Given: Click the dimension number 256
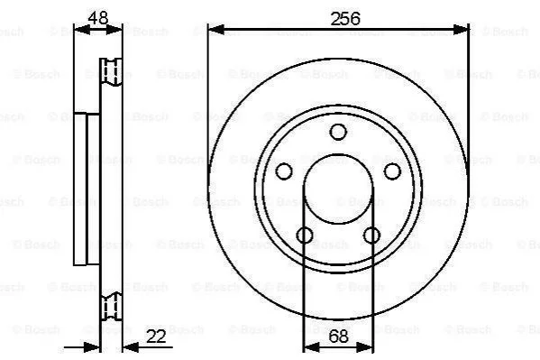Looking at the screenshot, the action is click(x=345, y=19).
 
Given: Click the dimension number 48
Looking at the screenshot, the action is click(x=97, y=17).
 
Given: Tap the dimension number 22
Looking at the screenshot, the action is click(x=156, y=337).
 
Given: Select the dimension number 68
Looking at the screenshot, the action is click(x=338, y=337).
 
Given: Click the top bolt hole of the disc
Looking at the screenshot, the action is click(x=338, y=132).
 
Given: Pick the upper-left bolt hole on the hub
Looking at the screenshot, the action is click(x=284, y=171).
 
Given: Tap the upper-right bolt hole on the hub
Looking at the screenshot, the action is click(x=392, y=171).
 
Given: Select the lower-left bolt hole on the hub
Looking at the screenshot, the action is click(x=305, y=235).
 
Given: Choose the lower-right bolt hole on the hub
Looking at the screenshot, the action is click(x=371, y=235).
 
